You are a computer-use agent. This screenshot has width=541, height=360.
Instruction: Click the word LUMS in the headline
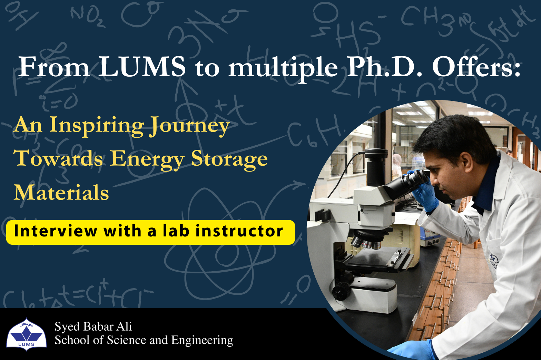(x=142, y=66)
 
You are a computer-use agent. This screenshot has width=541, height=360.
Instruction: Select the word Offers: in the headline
(x=476, y=66)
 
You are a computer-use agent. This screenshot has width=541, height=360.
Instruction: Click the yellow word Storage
(x=229, y=159)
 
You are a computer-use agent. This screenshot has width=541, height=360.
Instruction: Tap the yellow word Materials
(x=61, y=192)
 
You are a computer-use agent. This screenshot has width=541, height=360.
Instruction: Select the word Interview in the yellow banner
(x=56, y=231)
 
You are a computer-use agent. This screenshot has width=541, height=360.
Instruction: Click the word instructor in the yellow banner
(x=239, y=231)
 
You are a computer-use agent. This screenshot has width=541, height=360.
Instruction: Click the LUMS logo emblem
(x=27, y=334)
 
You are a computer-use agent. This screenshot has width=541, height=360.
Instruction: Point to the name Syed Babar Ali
(x=93, y=326)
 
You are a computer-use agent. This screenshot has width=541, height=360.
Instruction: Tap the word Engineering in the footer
(x=202, y=340)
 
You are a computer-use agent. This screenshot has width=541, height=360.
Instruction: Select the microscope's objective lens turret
(x=367, y=242)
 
